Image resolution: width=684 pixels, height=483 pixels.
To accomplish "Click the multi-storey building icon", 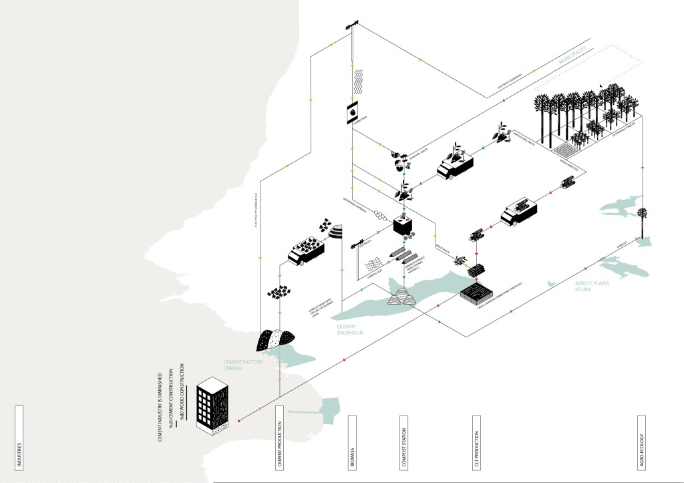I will (212, 403).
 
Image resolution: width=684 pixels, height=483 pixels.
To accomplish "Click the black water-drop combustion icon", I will (352, 114).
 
